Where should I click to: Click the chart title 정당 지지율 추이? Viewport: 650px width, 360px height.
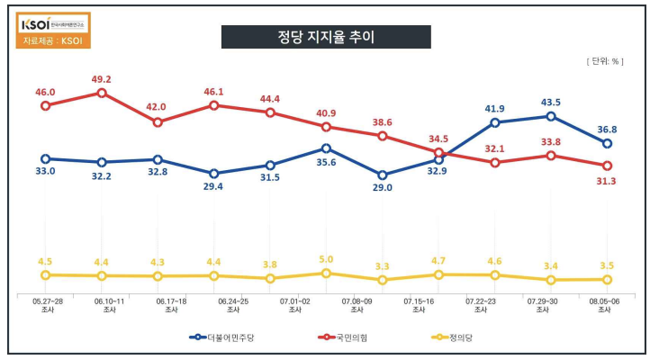(326, 37)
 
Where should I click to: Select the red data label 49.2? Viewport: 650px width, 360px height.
(101, 78)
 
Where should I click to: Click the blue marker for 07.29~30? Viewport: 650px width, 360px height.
(551, 116)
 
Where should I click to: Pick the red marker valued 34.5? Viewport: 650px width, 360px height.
(438, 153)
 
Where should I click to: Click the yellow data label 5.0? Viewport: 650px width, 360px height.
(326, 259)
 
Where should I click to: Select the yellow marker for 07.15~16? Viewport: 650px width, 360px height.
(438, 274)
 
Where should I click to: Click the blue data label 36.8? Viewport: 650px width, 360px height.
(609, 129)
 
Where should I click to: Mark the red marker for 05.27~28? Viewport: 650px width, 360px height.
(45, 105)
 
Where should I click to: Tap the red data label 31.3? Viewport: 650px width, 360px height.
(609, 181)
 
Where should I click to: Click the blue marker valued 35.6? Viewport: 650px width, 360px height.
(326, 148)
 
